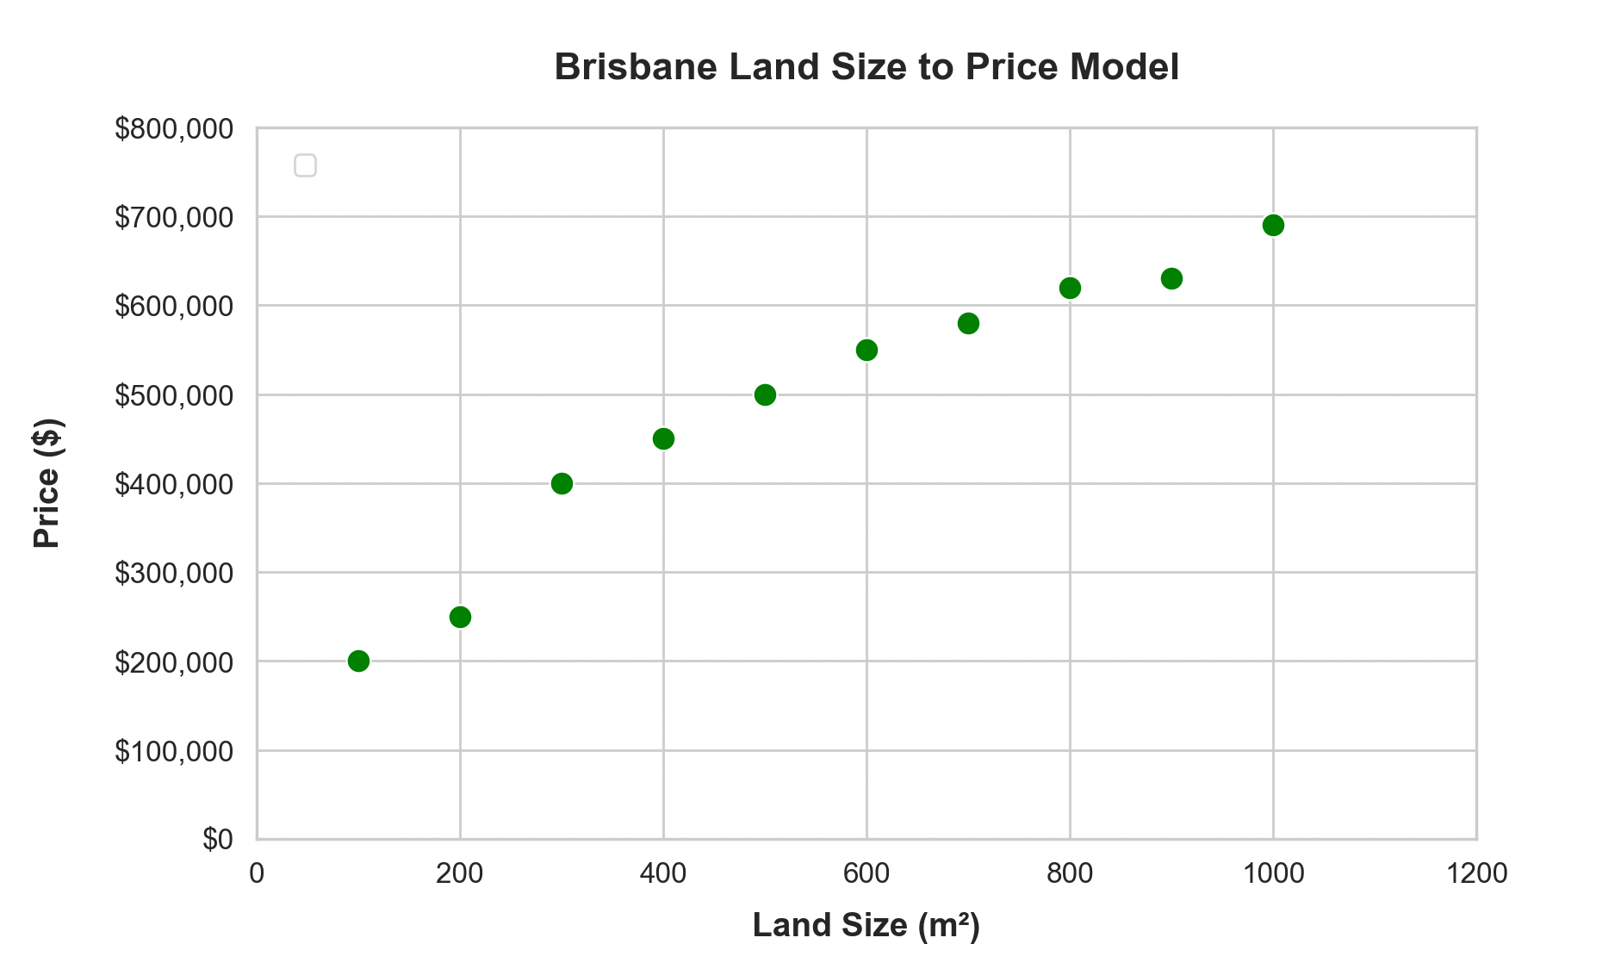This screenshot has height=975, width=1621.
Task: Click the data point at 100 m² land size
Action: tap(358, 661)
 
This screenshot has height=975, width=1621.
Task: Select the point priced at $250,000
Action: tap(460, 617)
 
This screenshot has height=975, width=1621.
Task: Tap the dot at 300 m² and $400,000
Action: tap(562, 483)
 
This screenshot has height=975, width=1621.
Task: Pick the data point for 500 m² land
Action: tap(765, 394)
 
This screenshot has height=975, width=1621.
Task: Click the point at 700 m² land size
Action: tap(968, 323)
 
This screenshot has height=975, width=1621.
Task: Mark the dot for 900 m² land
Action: tap(1171, 278)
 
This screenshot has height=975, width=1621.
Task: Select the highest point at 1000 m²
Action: tap(1273, 225)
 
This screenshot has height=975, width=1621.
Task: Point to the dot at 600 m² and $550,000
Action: tap(866, 350)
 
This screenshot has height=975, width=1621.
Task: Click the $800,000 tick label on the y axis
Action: tap(174, 129)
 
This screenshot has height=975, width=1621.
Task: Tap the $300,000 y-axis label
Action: tap(174, 573)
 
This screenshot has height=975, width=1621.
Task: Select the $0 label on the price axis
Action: tap(218, 840)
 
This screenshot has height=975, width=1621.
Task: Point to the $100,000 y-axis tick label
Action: tap(174, 751)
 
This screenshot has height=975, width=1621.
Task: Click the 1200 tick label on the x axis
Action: tap(1476, 873)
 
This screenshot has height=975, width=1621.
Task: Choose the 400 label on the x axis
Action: tap(663, 873)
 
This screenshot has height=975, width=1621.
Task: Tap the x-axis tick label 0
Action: tap(257, 873)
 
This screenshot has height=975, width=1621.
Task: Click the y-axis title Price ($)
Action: tap(47, 483)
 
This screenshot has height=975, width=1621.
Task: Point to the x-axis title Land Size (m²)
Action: tap(866, 925)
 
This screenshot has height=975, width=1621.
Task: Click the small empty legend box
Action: tap(305, 165)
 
